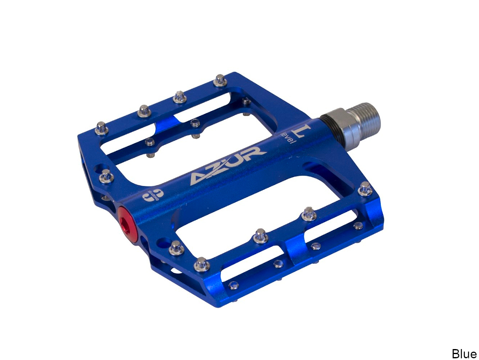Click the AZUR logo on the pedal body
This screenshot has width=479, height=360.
tap(227, 165)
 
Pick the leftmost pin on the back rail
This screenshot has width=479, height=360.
tap(102, 128)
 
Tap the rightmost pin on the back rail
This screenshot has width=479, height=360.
tap(220, 80)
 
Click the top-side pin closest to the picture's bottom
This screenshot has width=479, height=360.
tap(201, 264)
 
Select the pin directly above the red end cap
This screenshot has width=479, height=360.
tap(106, 176)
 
